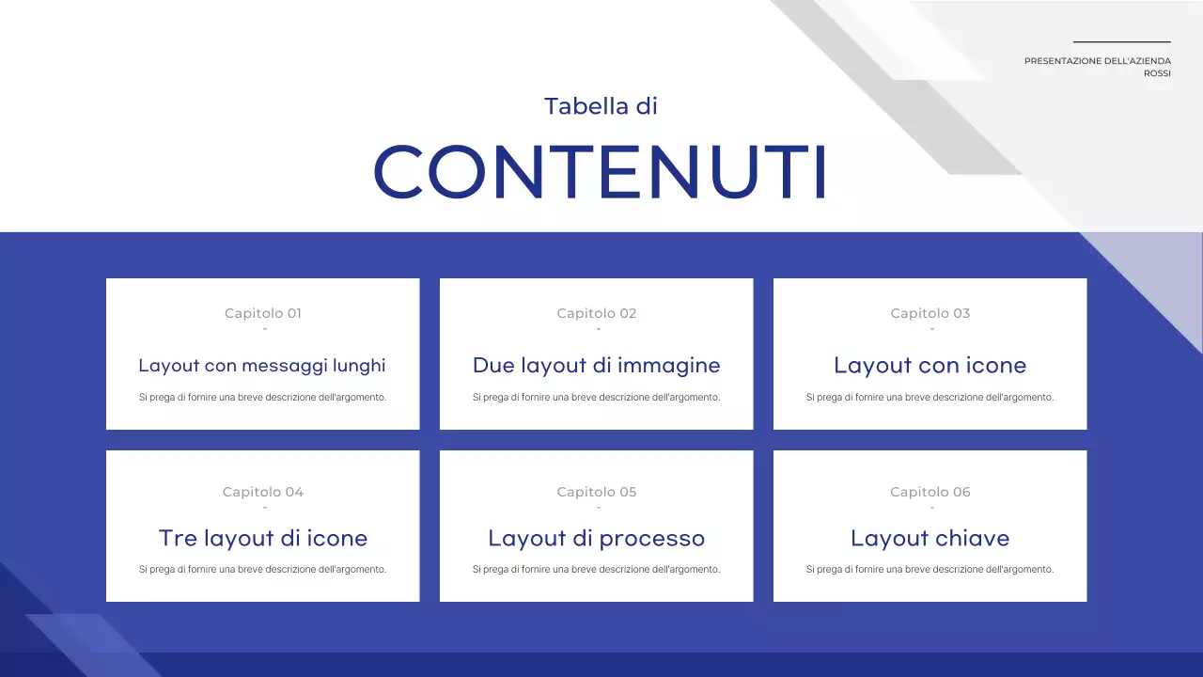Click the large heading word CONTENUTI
[600, 171]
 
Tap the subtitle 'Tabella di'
[601, 106]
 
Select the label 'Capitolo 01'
[263, 313]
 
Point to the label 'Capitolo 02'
[597, 313]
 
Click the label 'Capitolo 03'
[930, 313]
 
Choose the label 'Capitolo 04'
[263, 492]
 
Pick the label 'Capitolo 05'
[597, 492]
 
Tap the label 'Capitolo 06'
[930, 492]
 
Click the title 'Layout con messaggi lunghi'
[262, 366]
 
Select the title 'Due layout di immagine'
[597, 366]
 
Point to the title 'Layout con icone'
[930, 366]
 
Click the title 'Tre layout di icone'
[263, 539]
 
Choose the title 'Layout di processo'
[597, 539]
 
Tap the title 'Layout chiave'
[930, 539]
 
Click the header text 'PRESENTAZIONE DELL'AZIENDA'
[1098, 61]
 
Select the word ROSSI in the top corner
[1157, 73]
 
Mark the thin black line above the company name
[1122, 41]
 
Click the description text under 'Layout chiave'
[930, 569]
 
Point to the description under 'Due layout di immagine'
[597, 397]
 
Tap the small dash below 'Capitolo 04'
[265, 508]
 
